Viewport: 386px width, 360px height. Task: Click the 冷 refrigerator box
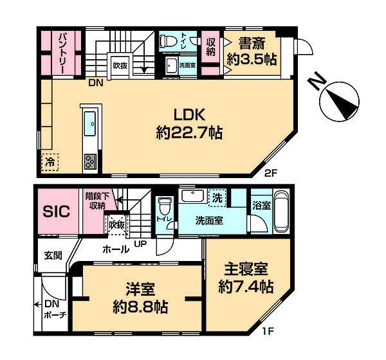[50, 162]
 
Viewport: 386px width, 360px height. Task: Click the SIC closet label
[56, 212]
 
